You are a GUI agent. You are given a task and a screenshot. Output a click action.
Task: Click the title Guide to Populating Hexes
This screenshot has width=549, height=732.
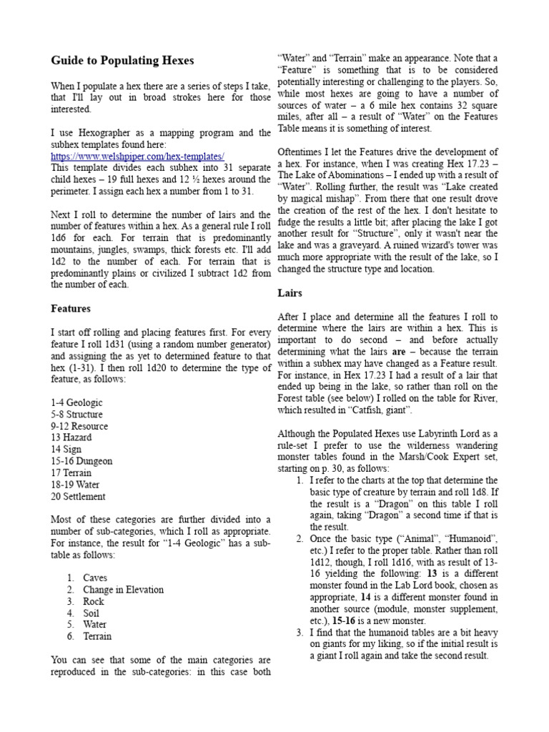pyautogui.click(x=122, y=60)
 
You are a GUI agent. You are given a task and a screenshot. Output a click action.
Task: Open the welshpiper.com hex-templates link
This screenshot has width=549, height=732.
pyautogui.click(x=138, y=156)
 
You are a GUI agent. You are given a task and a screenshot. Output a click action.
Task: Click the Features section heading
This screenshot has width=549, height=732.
pyautogui.click(x=70, y=309)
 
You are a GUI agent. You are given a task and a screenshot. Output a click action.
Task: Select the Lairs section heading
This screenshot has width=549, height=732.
pyautogui.click(x=290, y=292)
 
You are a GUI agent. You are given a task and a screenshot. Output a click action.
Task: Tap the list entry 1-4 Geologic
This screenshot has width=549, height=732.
pyautogui.click(x=76, y=402)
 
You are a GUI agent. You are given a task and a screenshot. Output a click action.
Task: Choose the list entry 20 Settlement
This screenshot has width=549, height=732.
pyautogui.click(x=78, y=496)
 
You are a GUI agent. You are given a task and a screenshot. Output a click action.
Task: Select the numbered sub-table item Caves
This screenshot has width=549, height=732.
pyautogui.click(x=96, y=578)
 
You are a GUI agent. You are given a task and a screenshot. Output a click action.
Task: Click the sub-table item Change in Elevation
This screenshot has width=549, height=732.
pyautogui.click(x=123, y=590)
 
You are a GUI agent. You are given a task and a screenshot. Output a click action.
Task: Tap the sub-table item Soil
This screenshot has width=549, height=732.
pyautogui.click(x=92, y=613)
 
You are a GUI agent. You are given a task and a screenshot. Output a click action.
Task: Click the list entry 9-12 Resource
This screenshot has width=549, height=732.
pyautogui.click(x=79, y=426)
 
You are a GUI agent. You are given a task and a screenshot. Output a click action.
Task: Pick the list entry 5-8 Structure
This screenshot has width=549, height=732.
pyautogui.click(x=76, y=415)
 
